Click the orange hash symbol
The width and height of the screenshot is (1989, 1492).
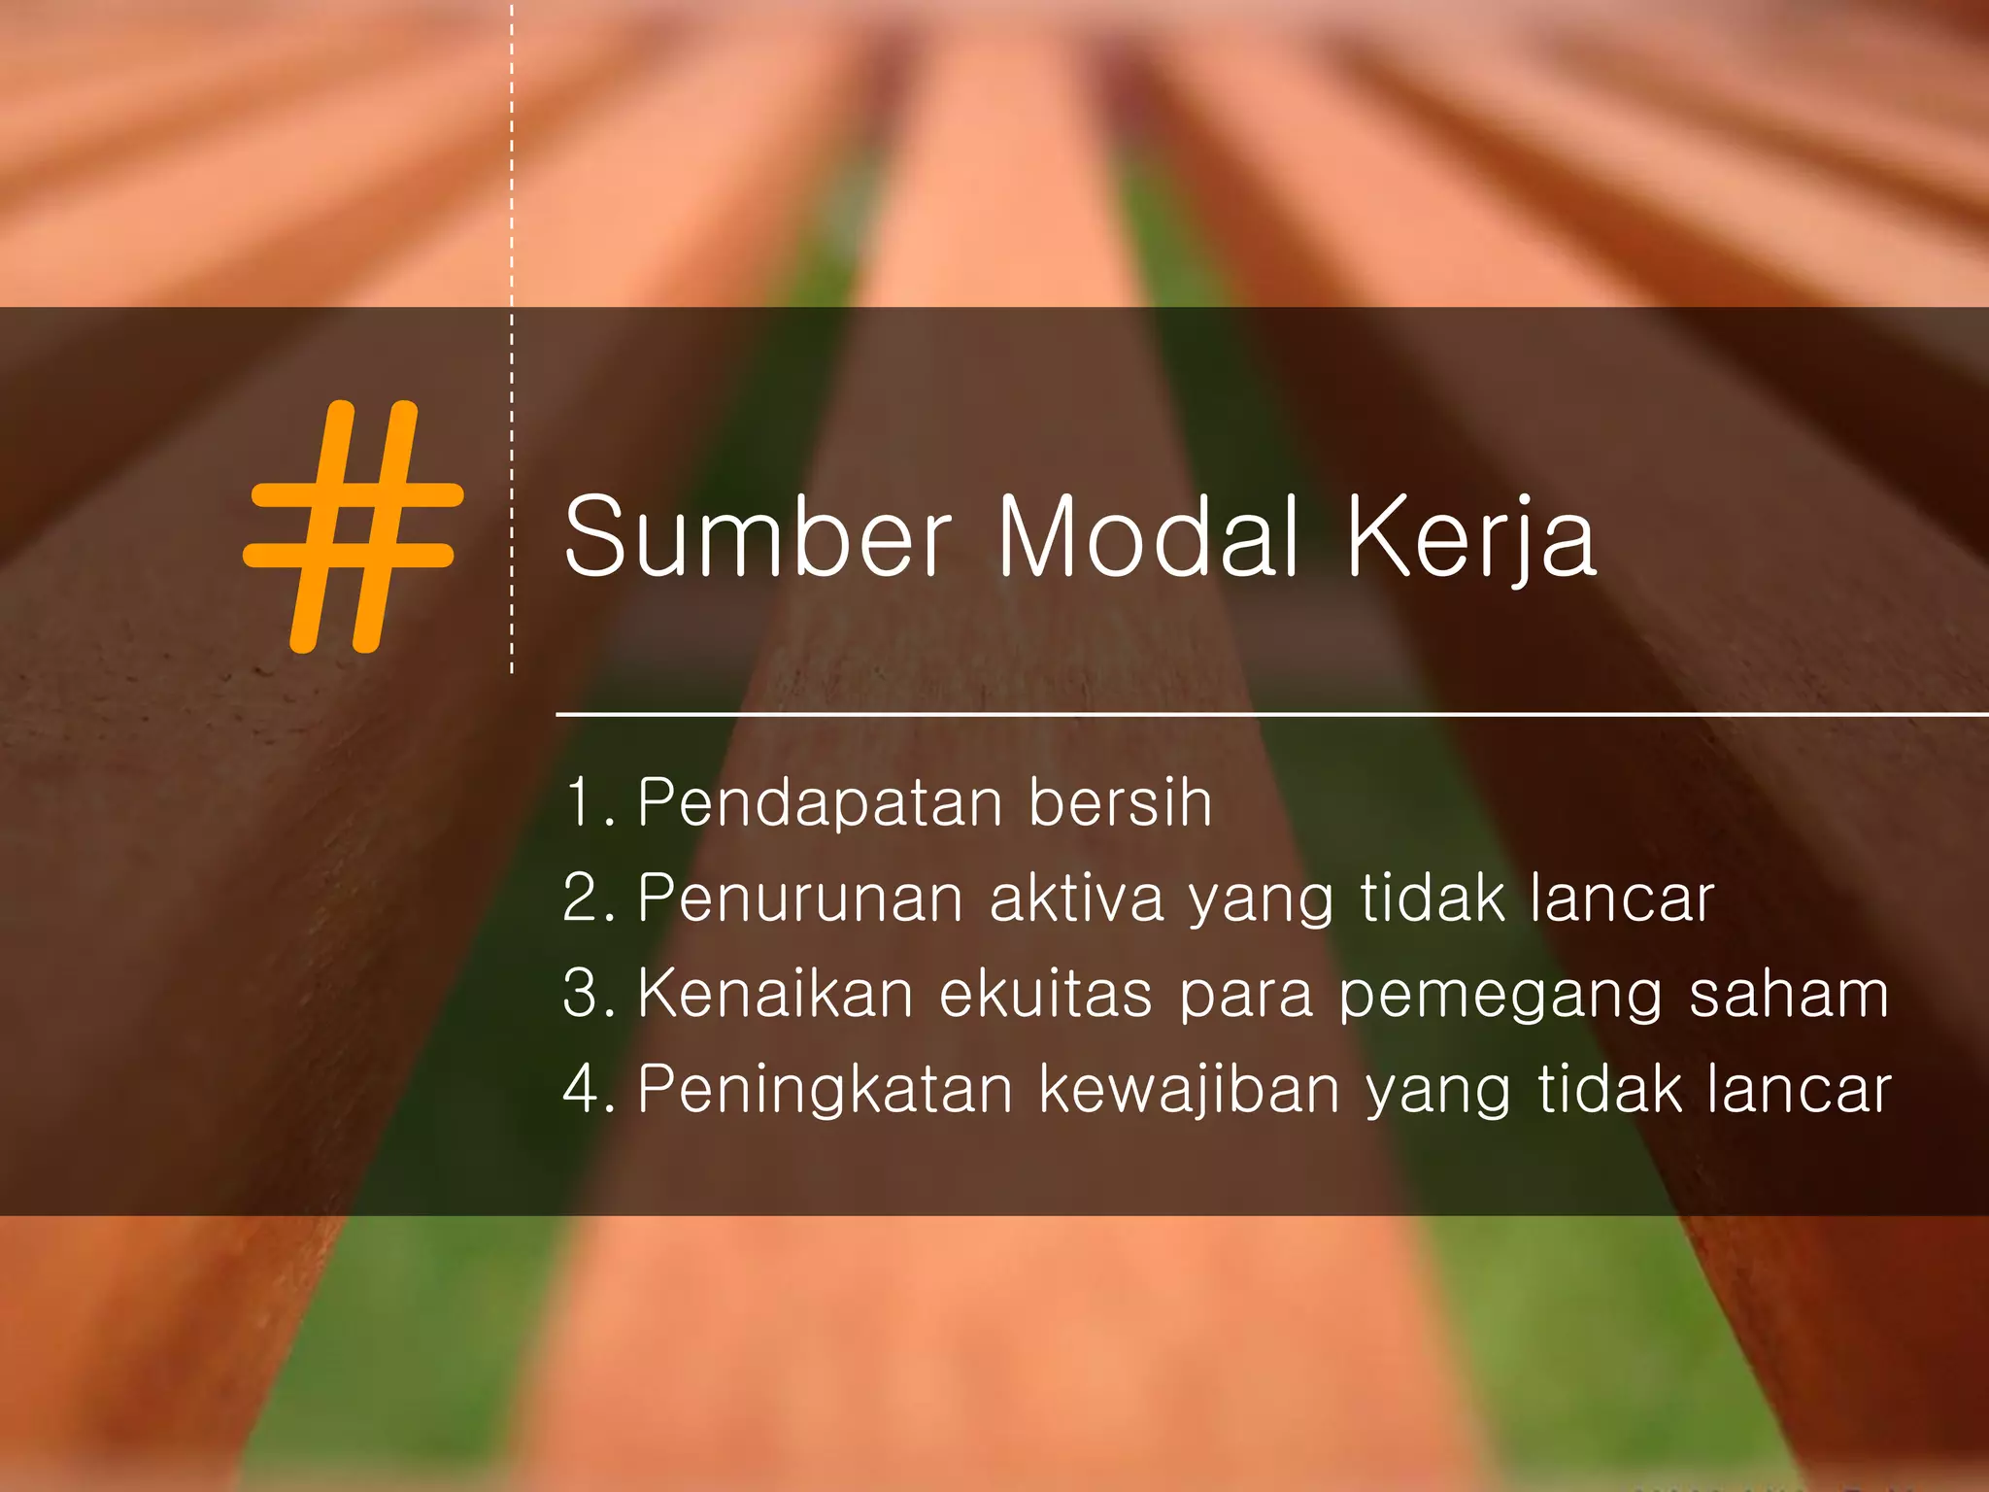(353, 526)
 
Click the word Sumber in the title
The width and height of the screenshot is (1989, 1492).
(758, 537)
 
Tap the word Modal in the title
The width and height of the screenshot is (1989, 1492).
(1148, 537)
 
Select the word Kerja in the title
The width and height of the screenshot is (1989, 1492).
(1470, 537)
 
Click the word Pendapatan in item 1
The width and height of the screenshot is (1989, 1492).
(821, 804)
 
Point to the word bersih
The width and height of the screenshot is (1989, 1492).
(1120, 803)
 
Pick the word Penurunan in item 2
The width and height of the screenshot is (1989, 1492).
(800, 899)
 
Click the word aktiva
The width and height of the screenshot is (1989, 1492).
(1076, 899)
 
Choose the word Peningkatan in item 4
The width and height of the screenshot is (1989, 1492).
(826, 1090)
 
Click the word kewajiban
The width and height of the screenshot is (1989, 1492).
(1190, 1090)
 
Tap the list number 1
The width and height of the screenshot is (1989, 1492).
(583, 804)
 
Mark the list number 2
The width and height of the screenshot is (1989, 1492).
(583, 899)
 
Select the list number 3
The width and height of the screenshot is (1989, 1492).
(583, 994)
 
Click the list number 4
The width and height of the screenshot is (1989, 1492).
(583, 1089)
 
